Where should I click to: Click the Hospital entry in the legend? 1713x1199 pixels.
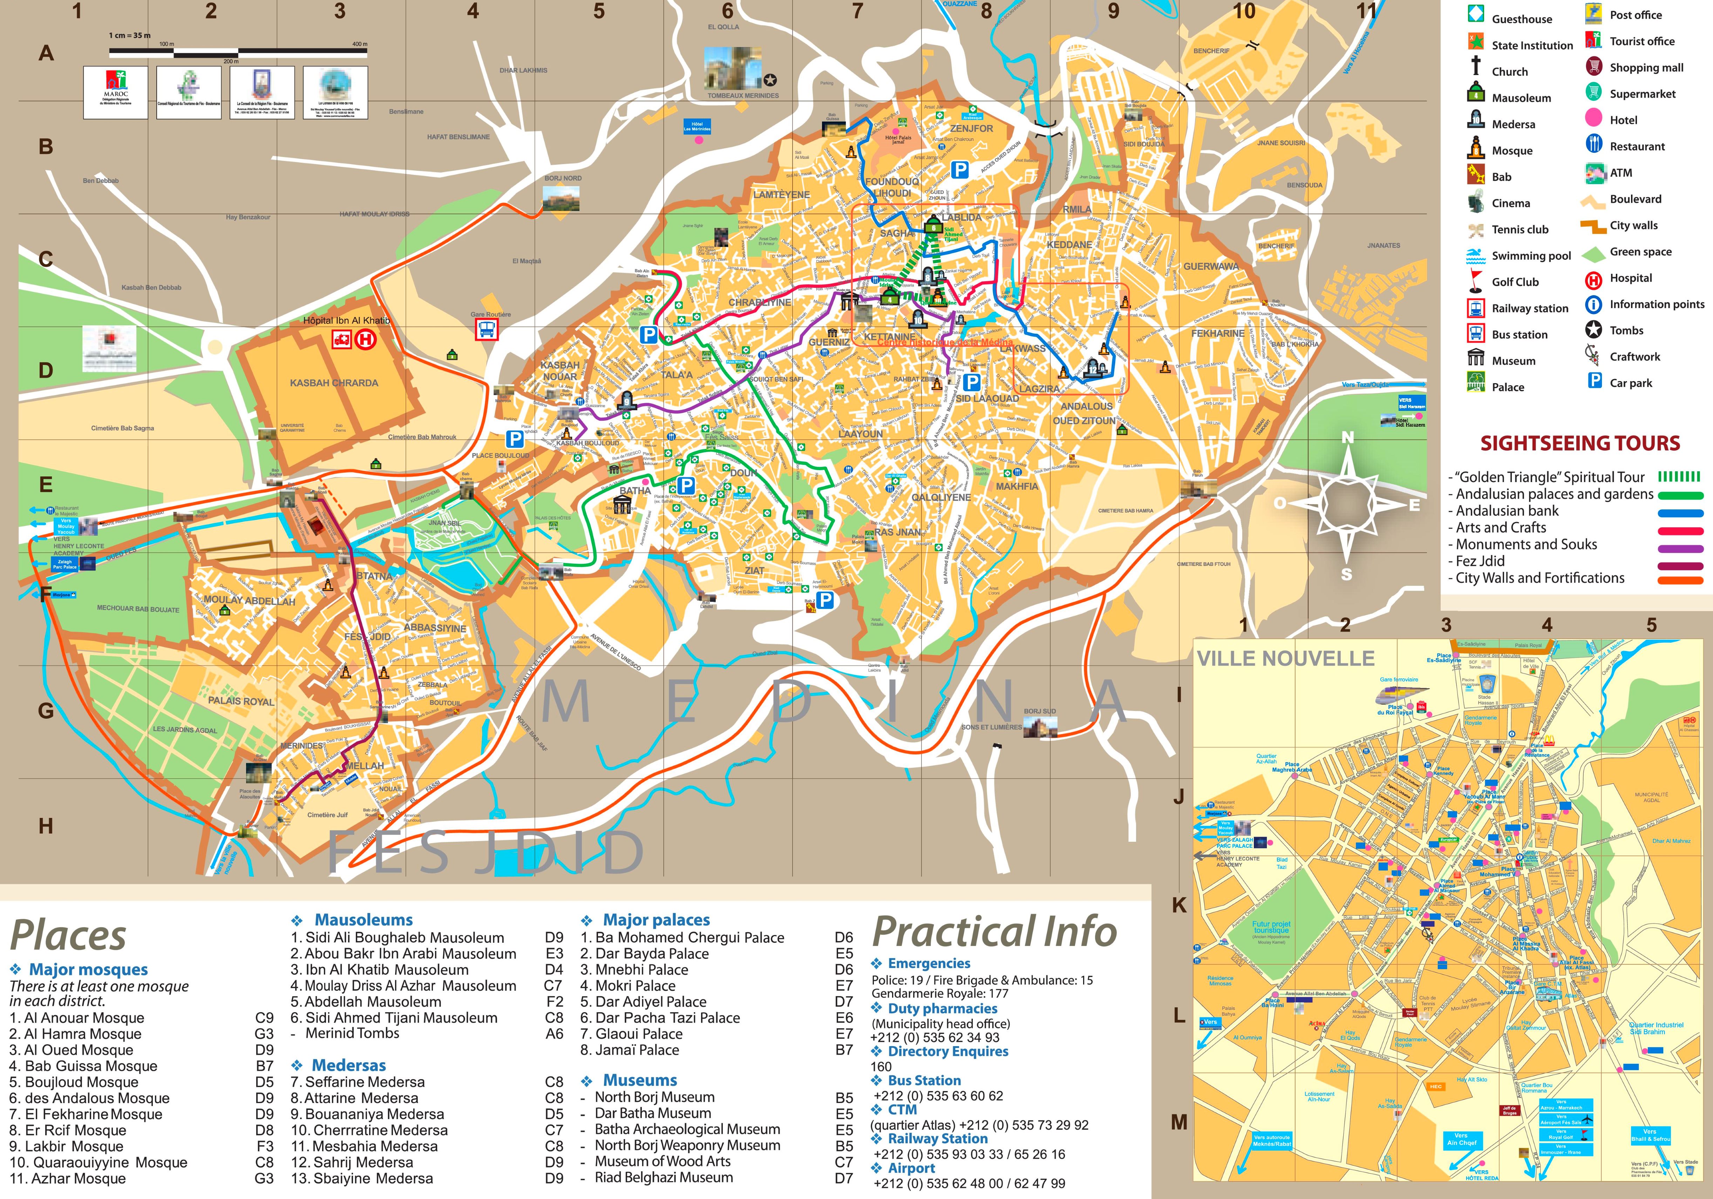pos(1630,278)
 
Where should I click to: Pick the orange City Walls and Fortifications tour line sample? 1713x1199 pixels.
pos(1680,581)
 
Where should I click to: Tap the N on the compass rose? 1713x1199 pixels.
pos(1347,438)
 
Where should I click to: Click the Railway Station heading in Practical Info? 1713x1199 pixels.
pos(937,1139)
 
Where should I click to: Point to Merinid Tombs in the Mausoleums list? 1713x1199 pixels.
pos(352,1034)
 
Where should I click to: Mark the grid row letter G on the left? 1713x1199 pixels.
pos(46,710)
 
